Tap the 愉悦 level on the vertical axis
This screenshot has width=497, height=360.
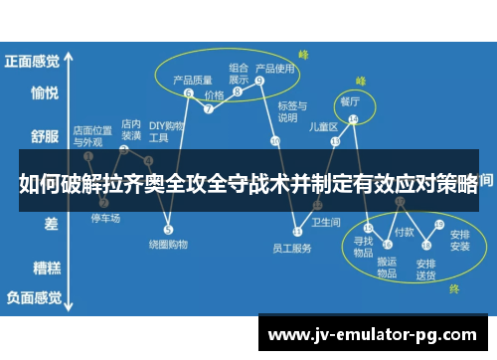(x=44, y=93)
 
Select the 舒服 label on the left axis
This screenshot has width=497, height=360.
(x=44, y=135)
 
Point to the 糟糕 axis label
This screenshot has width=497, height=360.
(x=44, y=267)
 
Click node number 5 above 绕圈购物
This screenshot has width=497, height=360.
(x=168, y=230)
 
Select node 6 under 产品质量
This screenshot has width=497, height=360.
(x=188, y=92)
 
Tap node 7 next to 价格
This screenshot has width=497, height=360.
(x=208, y=109)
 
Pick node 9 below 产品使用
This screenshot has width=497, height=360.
(x=258, y=80)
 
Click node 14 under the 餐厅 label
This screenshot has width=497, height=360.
(x=354, y=119)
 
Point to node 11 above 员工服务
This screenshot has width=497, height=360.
(x=296, y=231)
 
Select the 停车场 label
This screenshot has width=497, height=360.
(x=105, y=218)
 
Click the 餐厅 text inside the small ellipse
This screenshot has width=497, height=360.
(x=350, y=101)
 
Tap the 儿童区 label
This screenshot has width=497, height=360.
(x=323, y=126)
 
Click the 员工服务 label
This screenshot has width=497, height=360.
(x=291, y=249)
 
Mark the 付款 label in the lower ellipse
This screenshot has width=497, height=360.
(x=404, y=231)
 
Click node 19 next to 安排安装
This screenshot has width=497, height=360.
(x=438, y=224)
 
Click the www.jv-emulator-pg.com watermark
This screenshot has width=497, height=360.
(x=373, y=334)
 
